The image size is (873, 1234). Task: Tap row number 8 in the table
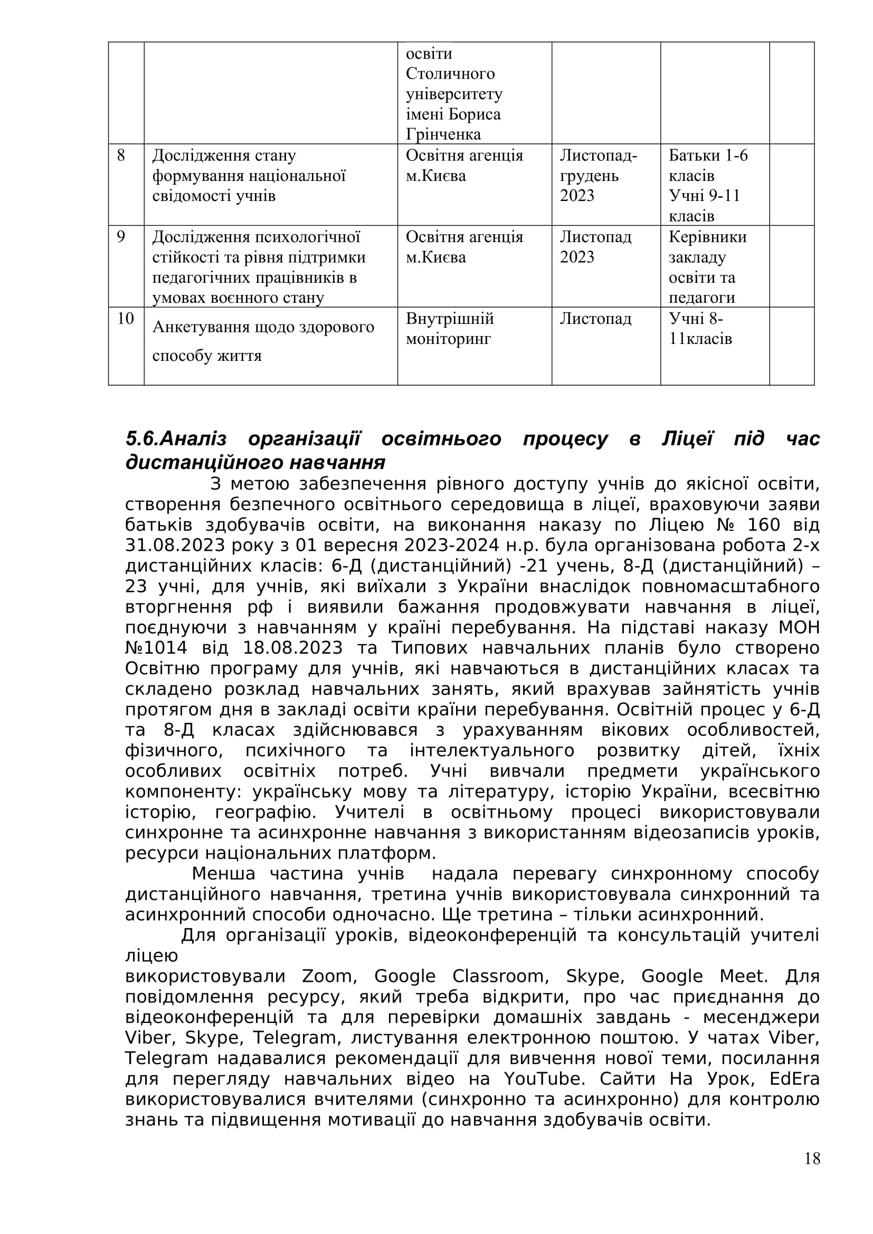pyautogui.click(x=121, y=156)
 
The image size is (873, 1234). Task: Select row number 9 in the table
pyautogui.click(x=121, y=237)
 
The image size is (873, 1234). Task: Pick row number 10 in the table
pyautogui.click(x=125, y=319)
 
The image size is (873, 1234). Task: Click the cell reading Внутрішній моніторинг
pyautogui.click(x=449, y=329)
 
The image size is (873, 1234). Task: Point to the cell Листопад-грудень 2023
pyautogui.click(x=599, y=176)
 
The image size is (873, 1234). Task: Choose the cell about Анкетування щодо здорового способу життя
pyautogui.click(x=263, y=341)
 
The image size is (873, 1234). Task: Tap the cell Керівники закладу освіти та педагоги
pyautogui.click(x=707, y=267)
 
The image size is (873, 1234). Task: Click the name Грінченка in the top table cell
pyautogui.click(x=443, y=135)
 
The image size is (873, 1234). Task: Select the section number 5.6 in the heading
pyautogui.click(x=142, y=439)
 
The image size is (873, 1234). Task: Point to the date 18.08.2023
pyautogui.click(x=292, y=648)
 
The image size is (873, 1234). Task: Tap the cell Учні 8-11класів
pyautogui.click(x=700, y=329)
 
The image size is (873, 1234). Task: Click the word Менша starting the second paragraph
pyautogui.click(x=223, y=874)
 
